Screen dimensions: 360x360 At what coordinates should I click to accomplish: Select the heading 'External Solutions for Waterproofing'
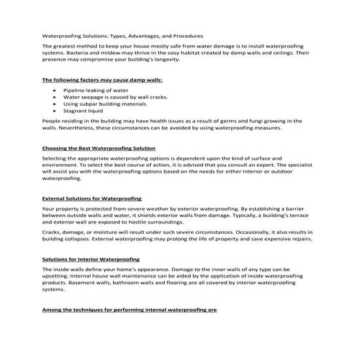click(x=92, y=198)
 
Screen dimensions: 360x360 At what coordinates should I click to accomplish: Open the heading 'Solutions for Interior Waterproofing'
click(x=91, y=259)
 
